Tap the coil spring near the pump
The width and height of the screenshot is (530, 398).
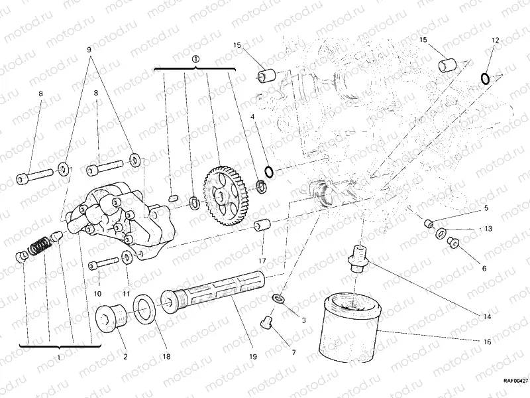(x=38, y=249)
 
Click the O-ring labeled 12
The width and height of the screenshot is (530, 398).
(x=486, y=80)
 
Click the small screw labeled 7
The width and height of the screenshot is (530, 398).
(x=268, y=323)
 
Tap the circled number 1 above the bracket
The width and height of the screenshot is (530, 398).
(x=195, y=59)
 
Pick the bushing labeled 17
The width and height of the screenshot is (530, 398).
(x=262, y=226)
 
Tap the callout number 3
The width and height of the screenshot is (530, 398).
(x=303, y=321)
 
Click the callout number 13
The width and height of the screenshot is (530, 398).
(x=487, y=229)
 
